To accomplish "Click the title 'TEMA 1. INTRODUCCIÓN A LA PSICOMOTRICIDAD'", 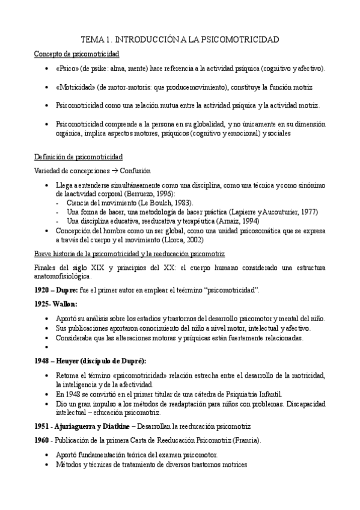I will point(180,40).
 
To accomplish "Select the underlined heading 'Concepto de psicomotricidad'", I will point(76,54).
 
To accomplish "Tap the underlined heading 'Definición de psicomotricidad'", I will point(78,158).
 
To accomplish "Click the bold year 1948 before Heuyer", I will point(43,360).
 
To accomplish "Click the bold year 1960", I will point(43,441).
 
